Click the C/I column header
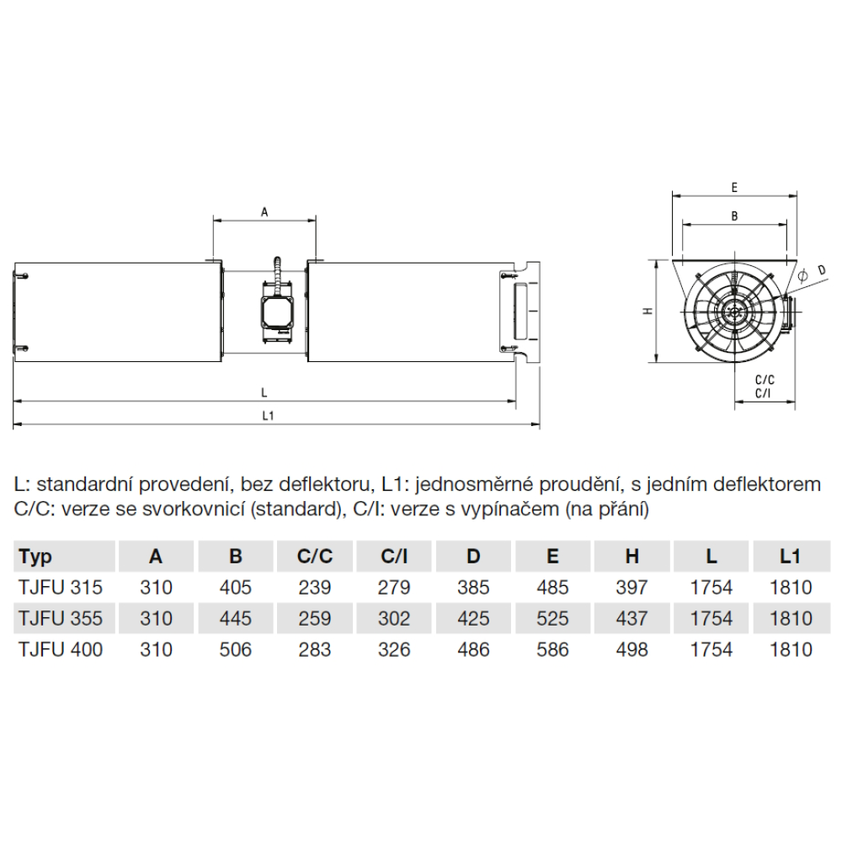[393, 557]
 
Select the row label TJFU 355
[61, 619]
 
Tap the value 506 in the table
[235, 650]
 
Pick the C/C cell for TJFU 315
[315, 588]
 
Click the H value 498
[632, 650]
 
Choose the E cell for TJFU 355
[552, 619]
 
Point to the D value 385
[473, 588]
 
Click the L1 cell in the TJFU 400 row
[791, 650]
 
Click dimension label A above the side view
[264, 213]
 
